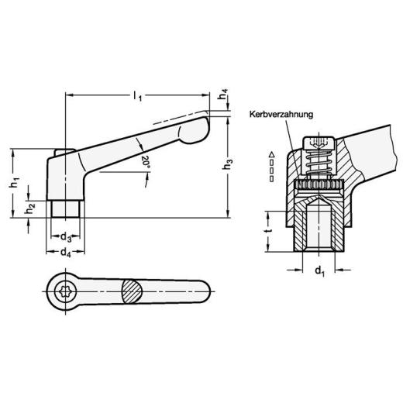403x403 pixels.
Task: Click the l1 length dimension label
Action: [x=137, y=95]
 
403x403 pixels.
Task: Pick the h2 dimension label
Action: [x=29, y=208]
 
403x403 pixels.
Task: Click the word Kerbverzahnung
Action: [x=281, y=115]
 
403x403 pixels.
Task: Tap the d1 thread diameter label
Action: [x=318, y=272]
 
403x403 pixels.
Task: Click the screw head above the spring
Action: [x=318, y=146]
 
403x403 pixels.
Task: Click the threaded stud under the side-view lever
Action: [x=66, y=209]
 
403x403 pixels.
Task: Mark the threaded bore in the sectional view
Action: [x=318, y=229]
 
